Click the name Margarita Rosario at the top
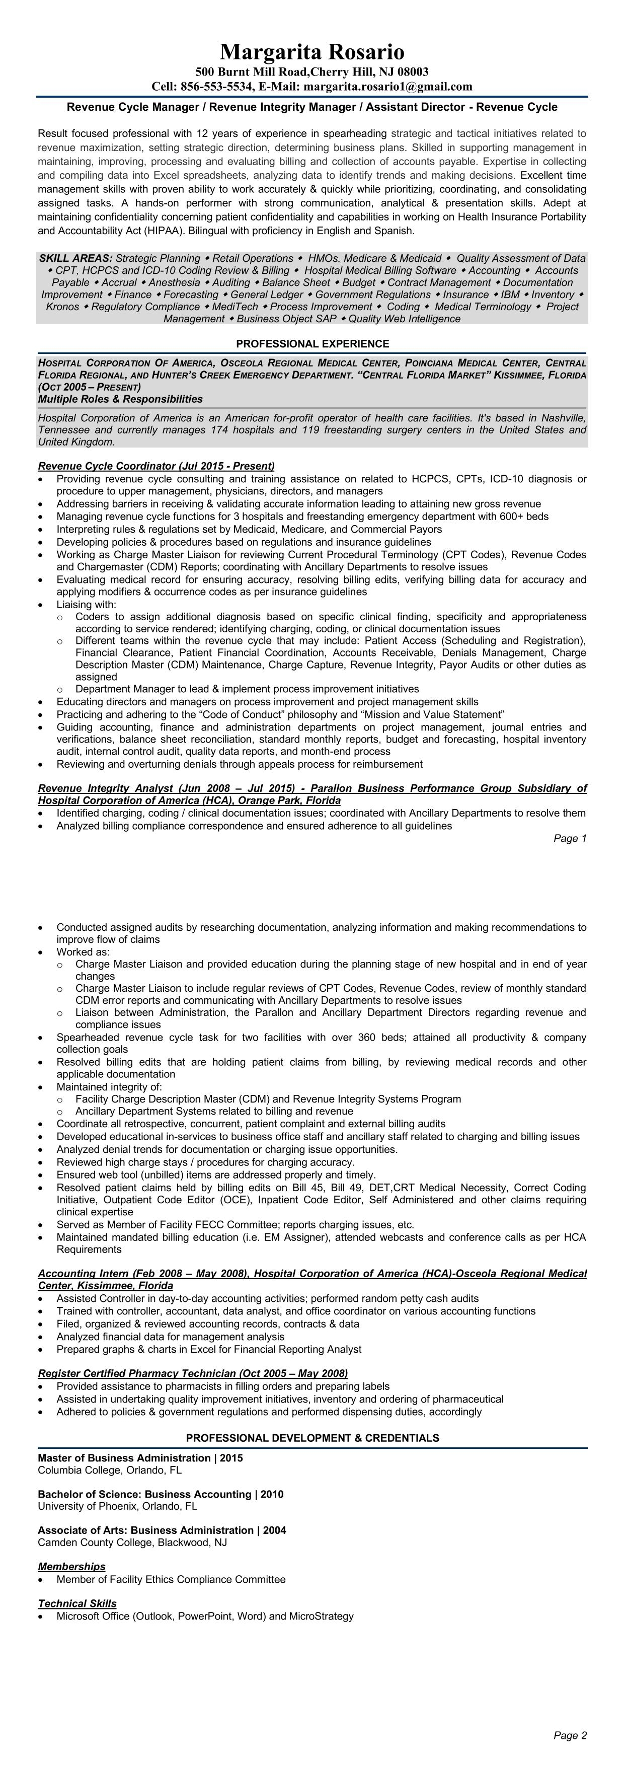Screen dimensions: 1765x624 [311, 52]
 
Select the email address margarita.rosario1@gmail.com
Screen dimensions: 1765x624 [387, 86]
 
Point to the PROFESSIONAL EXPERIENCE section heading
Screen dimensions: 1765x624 [313, 344]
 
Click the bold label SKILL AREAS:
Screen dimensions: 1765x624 [75, 258]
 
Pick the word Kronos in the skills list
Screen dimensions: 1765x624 [62, 307]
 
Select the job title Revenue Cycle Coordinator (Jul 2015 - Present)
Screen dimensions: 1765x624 [156, 466]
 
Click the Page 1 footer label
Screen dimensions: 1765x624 [570, 839]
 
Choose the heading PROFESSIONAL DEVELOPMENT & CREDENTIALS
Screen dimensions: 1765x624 [313, 1438]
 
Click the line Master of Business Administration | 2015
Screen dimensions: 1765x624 [140, 1458]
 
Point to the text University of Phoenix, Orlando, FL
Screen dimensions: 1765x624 [117, 1506]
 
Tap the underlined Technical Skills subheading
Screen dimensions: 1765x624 [76, 1603]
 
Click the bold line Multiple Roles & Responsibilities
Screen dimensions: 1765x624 [120, 399]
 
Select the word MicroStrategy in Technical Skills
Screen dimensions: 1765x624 [321, 1616]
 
